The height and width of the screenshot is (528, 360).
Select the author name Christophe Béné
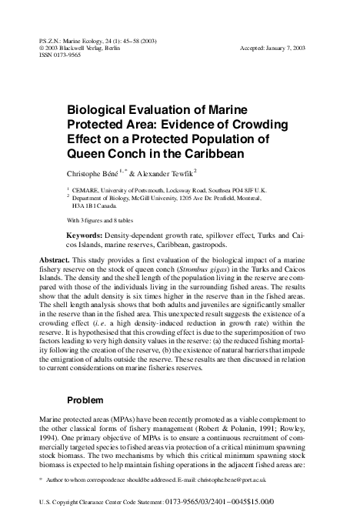[99, 173]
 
